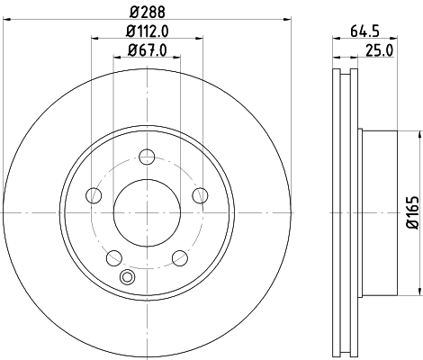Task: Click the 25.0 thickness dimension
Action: [x=377, y=51]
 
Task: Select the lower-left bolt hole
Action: [x=112, y=259]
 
